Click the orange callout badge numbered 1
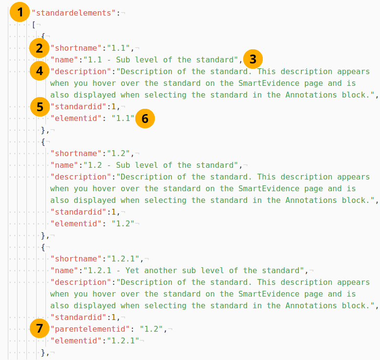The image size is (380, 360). coord(19,13)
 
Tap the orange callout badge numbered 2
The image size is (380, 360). coord(39,48)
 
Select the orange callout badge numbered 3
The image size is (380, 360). coord(253,60)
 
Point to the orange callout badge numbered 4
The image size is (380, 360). coord(39,71)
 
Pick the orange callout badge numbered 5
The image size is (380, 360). coord(39,106)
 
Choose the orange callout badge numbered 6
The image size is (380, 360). coord(145,119)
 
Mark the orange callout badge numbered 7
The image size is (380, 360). coord(39,329)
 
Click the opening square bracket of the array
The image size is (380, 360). coord(34,24)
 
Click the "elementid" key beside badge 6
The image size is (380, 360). coord(76,118)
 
